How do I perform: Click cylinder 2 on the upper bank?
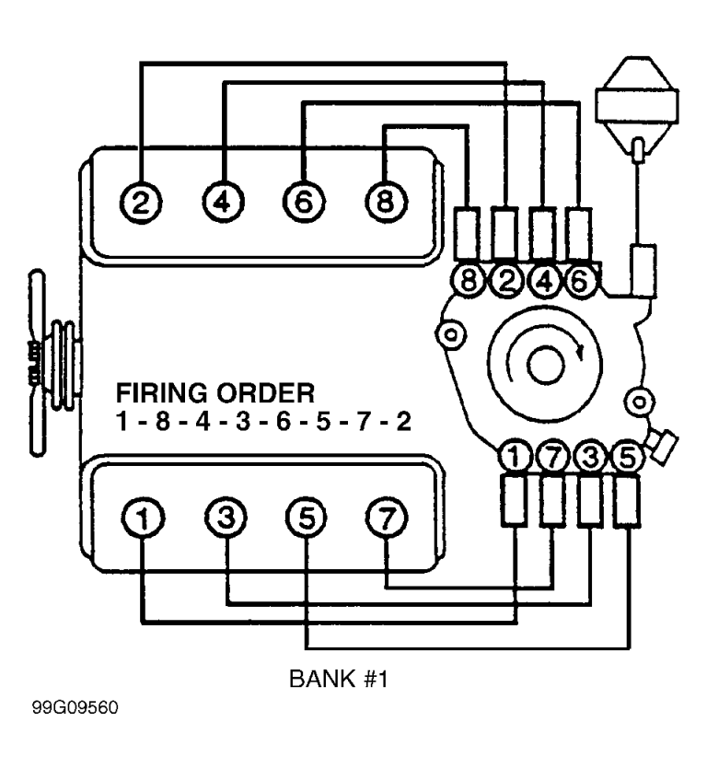pyautogui.click(x=141, y=200)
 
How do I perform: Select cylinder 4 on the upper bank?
pyautogui.click(x=222, y=200)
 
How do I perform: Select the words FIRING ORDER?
pyautogui.click(x=214, y=394)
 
